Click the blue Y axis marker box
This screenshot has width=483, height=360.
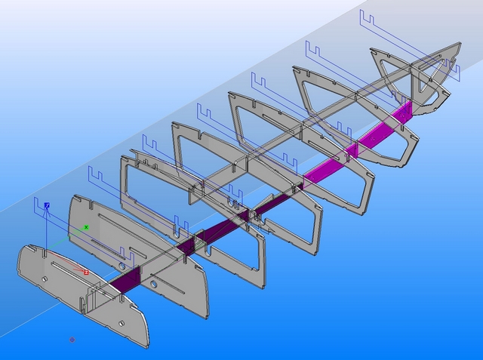click(x=47, y=205)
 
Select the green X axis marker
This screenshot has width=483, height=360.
click(x=87, y=226)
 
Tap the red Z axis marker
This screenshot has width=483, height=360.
click(x=86, y=271)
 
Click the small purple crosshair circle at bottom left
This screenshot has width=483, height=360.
click(x=72, y=340)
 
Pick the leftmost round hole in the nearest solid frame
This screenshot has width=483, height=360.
click(x=45, y=279)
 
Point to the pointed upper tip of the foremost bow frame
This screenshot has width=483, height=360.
click(x=457, y=44)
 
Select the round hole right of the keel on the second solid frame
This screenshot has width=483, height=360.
click(x=154, y=284)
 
